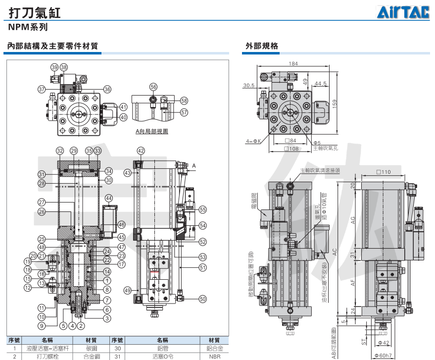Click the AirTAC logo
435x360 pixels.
point(404,13)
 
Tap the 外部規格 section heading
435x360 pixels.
point(262,46)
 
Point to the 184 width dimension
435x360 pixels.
point(293,64)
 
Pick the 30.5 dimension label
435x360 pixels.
point(248,85)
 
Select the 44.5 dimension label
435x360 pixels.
point(320,84)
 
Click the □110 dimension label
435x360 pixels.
point(383,172)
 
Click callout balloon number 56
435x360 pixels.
point(153,87)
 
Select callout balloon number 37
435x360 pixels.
point(42,90)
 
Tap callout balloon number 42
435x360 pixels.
point(141,151)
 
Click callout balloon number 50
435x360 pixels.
point(202,299)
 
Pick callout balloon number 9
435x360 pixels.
point(42,325)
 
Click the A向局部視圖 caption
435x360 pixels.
point(152,132)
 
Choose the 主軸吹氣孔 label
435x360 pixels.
point(325,148)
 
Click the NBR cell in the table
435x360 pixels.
point(214,357)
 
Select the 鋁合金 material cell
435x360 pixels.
point(214,348)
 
